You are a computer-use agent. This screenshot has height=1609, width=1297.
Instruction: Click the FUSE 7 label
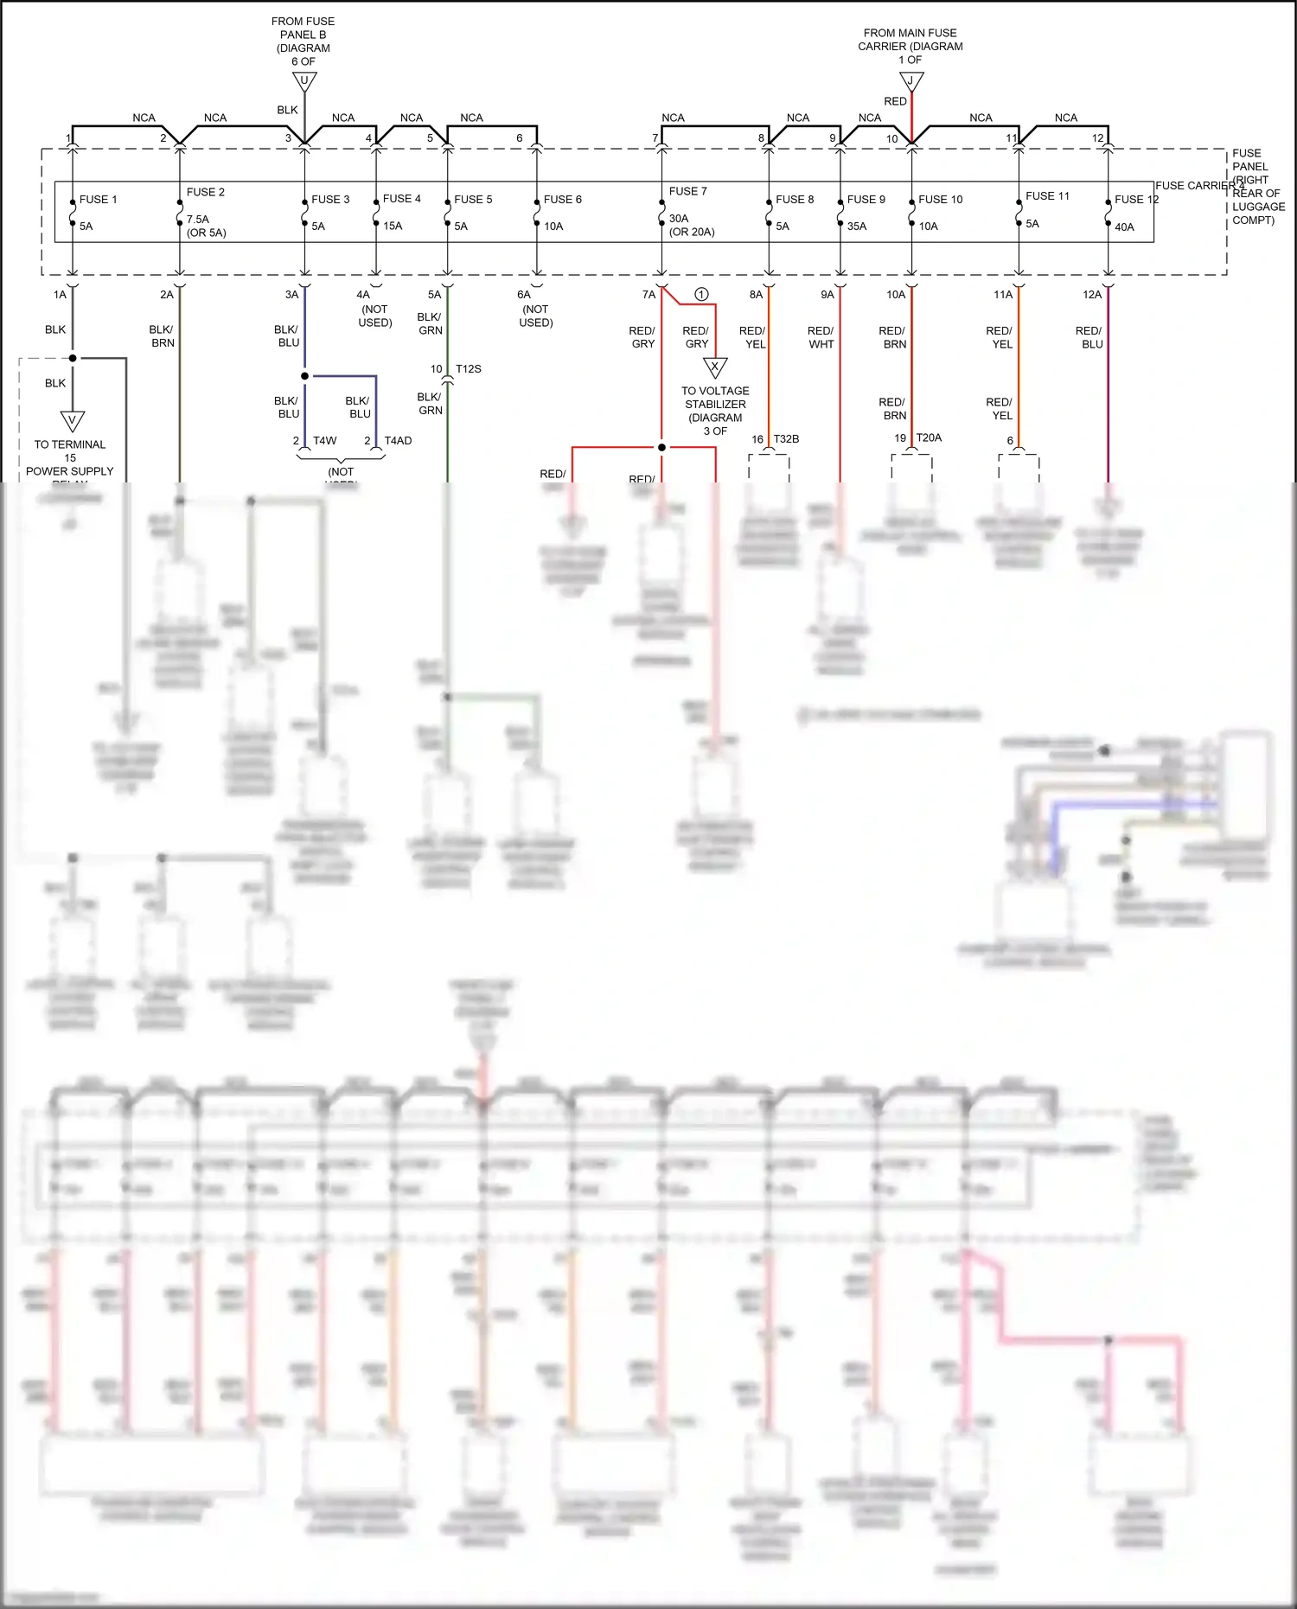(687, 191)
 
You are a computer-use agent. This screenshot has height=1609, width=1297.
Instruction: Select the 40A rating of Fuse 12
(1124, 227)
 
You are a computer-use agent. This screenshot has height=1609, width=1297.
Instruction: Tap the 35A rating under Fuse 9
(857, 227)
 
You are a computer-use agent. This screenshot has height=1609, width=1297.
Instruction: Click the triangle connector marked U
(303, 81)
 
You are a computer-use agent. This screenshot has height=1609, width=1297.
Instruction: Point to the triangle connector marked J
(911, 81)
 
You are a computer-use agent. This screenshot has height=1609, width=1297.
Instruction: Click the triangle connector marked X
(715, 367)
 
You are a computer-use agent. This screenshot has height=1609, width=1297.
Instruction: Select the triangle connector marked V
(73, 421)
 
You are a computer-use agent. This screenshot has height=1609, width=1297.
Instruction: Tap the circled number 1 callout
(701, 294)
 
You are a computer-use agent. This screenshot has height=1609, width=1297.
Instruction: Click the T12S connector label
(469, 369)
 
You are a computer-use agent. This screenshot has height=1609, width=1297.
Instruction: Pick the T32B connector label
(786, 439)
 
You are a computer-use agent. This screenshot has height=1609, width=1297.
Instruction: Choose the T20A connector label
(929, 438)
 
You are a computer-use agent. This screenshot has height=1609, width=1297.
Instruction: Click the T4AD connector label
(398, 441)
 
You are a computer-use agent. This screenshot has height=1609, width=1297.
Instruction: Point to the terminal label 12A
(1092, 295)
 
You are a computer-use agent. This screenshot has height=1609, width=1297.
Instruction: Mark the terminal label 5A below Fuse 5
(434, 295)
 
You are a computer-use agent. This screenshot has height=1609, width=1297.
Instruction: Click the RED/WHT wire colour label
(821, 337)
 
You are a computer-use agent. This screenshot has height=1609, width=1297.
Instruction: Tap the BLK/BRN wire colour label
(162, 336)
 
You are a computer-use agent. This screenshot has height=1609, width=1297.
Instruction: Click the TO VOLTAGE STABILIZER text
(715, 398)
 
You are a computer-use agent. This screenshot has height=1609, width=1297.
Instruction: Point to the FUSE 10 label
(940, 200)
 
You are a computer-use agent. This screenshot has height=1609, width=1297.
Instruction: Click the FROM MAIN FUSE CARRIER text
(910, 40)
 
